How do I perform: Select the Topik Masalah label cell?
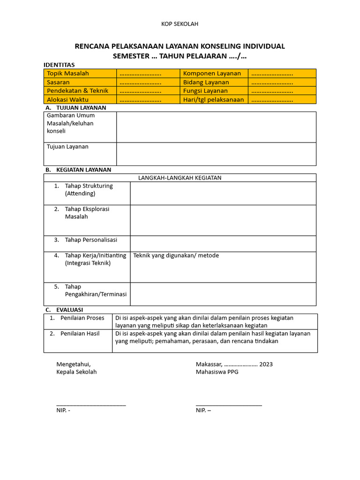tap(68, 73)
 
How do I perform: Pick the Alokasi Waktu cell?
tap(68, 99)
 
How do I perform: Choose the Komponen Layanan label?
tap(212, 73)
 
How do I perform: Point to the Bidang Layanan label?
tap(206, 82)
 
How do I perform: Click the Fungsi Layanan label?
tap(205, 90)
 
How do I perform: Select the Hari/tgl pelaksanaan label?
tap(213, 99)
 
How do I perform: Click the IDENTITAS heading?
tap(59, 65)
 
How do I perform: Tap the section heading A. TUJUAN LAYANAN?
tap(76, 107)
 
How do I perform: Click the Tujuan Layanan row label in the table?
tap(67, 147)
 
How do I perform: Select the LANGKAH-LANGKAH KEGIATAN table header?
tap(180, 178)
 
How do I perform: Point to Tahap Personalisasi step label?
tap(91, 240)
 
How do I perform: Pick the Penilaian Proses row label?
tap(82, 318)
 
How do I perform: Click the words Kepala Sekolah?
tap(76, 372)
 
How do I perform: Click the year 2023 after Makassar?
tap(266, 364)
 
